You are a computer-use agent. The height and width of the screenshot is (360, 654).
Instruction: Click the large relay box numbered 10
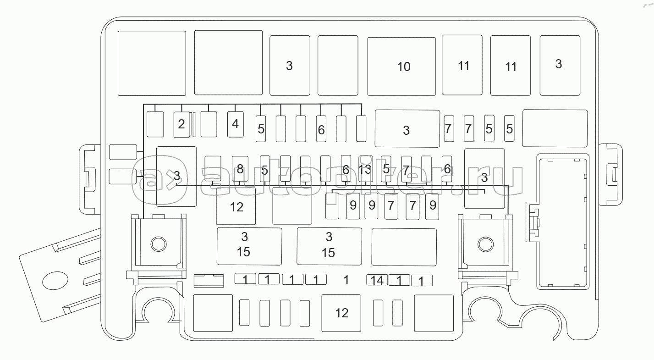pos(401,66)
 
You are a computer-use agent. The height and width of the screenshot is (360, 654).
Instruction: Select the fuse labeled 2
pos(182,124)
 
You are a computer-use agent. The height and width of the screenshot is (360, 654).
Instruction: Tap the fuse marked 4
pos(236,124)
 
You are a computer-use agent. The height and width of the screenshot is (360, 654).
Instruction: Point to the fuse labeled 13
pos(365,169)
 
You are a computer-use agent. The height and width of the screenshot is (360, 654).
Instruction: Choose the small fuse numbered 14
pos(377,279)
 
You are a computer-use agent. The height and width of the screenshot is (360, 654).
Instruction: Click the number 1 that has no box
pos(346,280)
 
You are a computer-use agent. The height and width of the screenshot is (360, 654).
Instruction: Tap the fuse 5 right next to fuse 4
pos(261,128)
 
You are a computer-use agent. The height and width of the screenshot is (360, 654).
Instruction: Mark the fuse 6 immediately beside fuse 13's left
pos(346,169)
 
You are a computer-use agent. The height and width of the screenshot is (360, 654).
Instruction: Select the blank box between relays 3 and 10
pos(337,65)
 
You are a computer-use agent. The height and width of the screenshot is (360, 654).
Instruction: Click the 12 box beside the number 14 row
pos(341,313)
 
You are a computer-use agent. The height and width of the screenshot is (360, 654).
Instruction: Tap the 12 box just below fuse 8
pos(236,206)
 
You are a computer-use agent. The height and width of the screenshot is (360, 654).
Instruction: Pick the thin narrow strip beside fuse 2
pos(194,124)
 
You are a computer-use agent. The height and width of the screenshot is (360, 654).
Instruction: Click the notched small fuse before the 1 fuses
pos(209,280)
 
